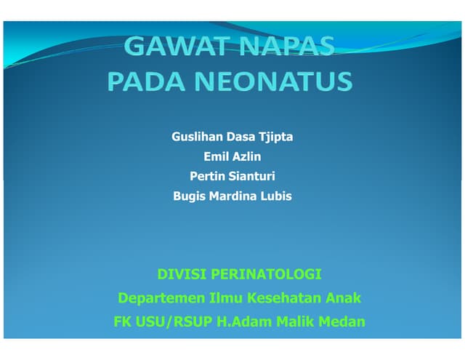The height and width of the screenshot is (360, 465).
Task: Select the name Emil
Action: [216, 156]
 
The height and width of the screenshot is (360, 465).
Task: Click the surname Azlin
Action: [247, 156]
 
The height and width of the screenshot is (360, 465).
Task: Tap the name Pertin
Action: [208, 176]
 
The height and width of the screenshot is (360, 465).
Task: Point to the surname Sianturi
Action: [252, 176]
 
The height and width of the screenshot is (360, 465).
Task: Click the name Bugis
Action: [189, 196]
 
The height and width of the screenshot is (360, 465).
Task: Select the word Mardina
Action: [235, 196]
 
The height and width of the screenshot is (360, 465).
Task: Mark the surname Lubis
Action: [277, 196]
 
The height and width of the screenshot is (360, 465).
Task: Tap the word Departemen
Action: [161, 297]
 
